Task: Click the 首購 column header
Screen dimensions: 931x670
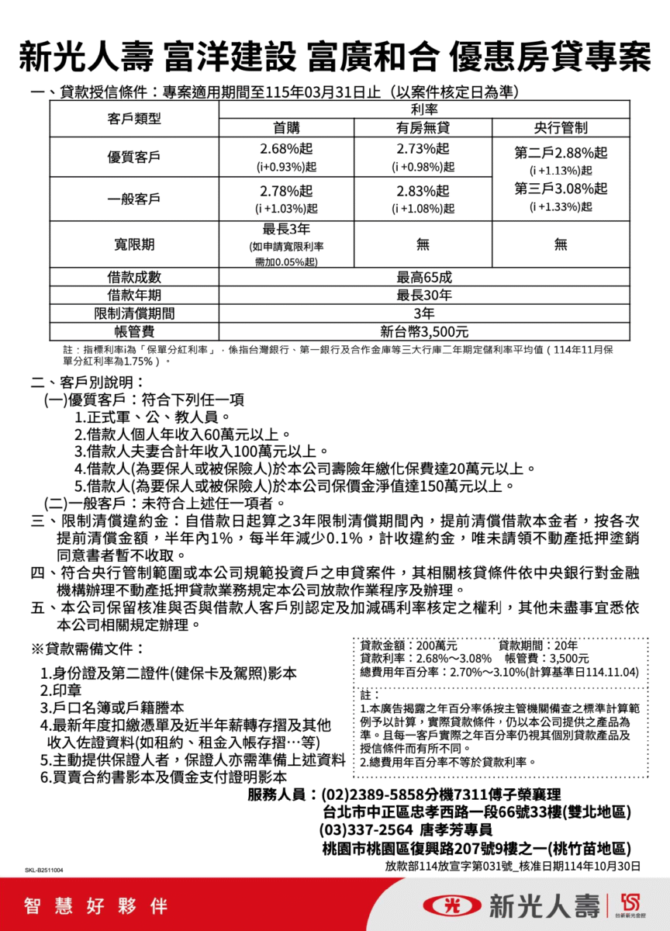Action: click(285, 128)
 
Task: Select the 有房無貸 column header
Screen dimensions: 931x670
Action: click(423, 128)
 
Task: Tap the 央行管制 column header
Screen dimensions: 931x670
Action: click(561, 128)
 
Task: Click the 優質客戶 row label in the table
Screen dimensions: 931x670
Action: click(134, 157)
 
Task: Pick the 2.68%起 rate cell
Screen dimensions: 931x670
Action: click(285, 148)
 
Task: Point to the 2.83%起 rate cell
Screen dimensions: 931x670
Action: click(423, 191)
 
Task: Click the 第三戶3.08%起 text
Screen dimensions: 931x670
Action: click(561, 189)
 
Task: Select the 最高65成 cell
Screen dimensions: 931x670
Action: click(423, 277)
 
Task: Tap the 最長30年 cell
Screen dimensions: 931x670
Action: click(423, 295)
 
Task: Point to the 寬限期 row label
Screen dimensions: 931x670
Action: click(134, 244)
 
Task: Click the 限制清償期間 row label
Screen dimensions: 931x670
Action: click(134, 313)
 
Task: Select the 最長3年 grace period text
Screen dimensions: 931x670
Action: click(285, 228)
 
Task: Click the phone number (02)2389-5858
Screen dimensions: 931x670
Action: click(372, 795)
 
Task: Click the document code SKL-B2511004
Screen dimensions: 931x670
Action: click(43, 870)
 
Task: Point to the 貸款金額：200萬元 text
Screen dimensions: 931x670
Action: click(409, 645)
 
